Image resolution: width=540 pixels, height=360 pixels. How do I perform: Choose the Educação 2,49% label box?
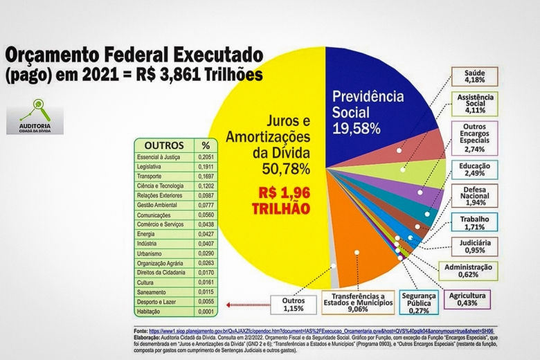coord(475,170)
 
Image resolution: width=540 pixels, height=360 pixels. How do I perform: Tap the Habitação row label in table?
coord(152,312)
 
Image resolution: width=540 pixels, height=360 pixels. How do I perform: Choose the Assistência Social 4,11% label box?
coord(475,104)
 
